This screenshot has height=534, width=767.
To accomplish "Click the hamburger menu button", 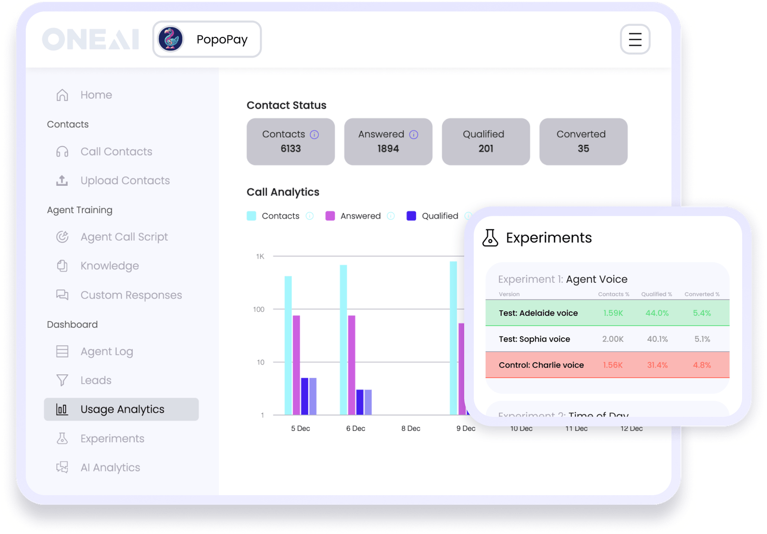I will pos(635,39).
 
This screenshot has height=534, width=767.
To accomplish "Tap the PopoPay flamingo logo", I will pos(171,39).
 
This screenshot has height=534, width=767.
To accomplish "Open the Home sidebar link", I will pos(96,95).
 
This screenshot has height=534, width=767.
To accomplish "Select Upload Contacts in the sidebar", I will pos(125,180).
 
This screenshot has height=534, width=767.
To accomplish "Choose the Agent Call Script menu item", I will pos(124,237).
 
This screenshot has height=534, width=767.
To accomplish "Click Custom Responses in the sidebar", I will pos(131,295).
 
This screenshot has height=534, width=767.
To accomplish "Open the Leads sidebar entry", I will pos(95,380).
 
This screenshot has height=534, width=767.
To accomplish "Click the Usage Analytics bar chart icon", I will pos(62,409).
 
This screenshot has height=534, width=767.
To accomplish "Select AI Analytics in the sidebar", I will pos(110,468).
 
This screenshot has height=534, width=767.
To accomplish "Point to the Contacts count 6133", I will pos(291,149).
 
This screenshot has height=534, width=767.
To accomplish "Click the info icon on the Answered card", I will pos(414,135).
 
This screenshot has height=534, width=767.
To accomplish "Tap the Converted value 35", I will pos(583,149).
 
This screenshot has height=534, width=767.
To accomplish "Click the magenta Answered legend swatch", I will pos(330,216).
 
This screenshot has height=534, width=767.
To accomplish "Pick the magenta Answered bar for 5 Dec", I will pos(296,365).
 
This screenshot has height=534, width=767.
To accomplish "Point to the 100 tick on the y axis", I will pos(258,309).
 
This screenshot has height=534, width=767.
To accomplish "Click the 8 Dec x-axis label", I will pos(410,428).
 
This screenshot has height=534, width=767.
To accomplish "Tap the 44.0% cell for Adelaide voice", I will pos(657,313).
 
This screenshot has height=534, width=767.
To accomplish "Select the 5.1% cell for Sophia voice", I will pos(702,339).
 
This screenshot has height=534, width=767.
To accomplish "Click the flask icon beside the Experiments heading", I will pos(490,237).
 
